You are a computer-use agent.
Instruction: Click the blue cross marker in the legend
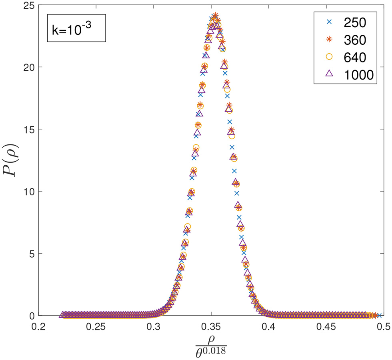click(329, 23)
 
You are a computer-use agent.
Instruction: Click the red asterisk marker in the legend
click(329, 40)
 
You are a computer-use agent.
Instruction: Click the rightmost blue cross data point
click(379, 315)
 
